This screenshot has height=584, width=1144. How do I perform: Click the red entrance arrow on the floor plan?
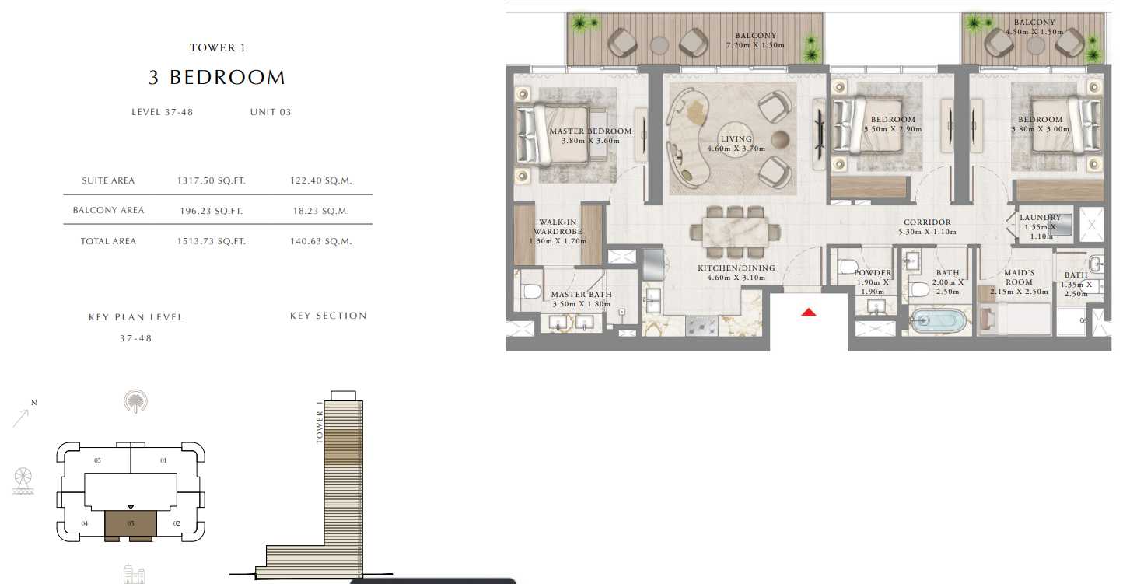pos(809,312)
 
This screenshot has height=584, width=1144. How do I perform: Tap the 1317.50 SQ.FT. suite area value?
pos(212,180)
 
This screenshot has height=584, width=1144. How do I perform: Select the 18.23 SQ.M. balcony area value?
pos(320,211)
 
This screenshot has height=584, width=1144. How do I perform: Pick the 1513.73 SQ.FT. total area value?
pos(212,242)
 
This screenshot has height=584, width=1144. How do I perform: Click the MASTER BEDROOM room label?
pos(590,131)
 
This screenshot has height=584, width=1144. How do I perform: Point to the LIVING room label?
pos(736,139)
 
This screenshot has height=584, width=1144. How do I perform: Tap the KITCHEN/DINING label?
pos(736,268)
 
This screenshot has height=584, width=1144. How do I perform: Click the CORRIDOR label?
pos(928,222)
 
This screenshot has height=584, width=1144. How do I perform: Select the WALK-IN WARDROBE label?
pos(558,226)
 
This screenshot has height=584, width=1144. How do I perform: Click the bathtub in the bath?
pos(939,321)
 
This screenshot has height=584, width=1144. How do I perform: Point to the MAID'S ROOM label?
pos(1019,277)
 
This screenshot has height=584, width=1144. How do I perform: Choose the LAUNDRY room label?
pos(1041,218)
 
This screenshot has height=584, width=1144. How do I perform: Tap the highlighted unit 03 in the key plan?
pos(131,523)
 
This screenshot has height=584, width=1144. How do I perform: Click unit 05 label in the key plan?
pos(97,460)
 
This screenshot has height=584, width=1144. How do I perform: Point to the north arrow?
pos(22,418)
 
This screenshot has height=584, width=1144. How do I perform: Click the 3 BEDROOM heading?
pos(217,78)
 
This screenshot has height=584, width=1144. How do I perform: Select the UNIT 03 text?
pos(271,112)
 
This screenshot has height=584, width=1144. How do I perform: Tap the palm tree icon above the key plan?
pos(136,401)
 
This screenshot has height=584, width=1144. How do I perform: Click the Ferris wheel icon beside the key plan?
pos(23,481)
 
